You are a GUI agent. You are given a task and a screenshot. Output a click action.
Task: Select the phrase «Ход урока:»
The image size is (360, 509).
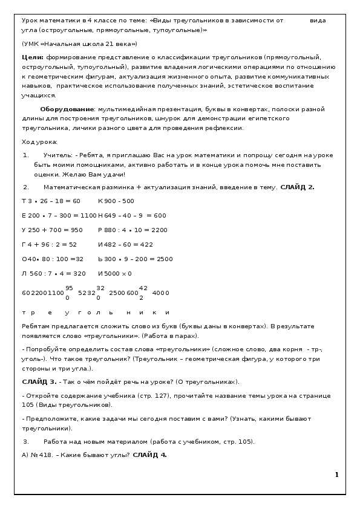39,141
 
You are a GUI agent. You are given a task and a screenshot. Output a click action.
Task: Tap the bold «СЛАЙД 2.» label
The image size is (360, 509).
297,187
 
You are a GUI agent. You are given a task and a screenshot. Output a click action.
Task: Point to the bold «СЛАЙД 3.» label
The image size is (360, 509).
39,381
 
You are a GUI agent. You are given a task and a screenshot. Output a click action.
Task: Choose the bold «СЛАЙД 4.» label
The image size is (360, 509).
149,454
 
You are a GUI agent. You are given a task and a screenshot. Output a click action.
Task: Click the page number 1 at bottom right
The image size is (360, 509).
336,475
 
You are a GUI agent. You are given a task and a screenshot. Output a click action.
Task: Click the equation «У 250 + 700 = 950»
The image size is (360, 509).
52,230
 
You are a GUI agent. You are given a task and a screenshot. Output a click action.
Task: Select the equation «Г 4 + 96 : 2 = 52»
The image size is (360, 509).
49,244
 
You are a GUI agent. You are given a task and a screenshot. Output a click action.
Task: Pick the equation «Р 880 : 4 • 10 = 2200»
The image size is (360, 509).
132,230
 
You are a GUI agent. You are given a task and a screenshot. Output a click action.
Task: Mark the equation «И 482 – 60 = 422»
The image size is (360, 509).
125,244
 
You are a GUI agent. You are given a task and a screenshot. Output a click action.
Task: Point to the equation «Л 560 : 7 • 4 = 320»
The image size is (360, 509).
53,273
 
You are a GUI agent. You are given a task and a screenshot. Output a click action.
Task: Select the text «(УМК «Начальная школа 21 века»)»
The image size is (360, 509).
79,44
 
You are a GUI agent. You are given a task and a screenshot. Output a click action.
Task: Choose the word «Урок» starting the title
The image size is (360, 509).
30,20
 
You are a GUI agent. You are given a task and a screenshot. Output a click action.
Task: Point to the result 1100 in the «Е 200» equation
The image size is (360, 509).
88,215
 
